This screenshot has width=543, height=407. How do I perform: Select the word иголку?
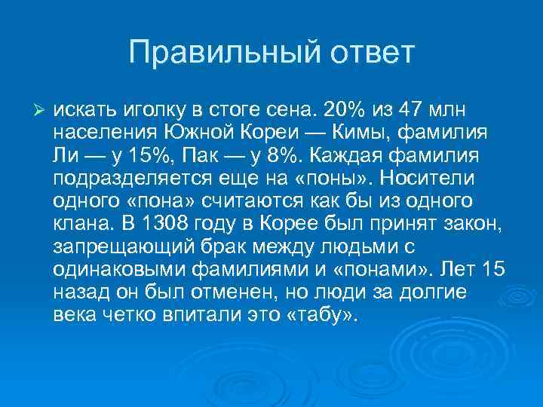point(151,111)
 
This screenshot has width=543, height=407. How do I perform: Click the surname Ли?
point(66,156)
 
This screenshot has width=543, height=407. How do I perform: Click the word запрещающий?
point(115,246)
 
